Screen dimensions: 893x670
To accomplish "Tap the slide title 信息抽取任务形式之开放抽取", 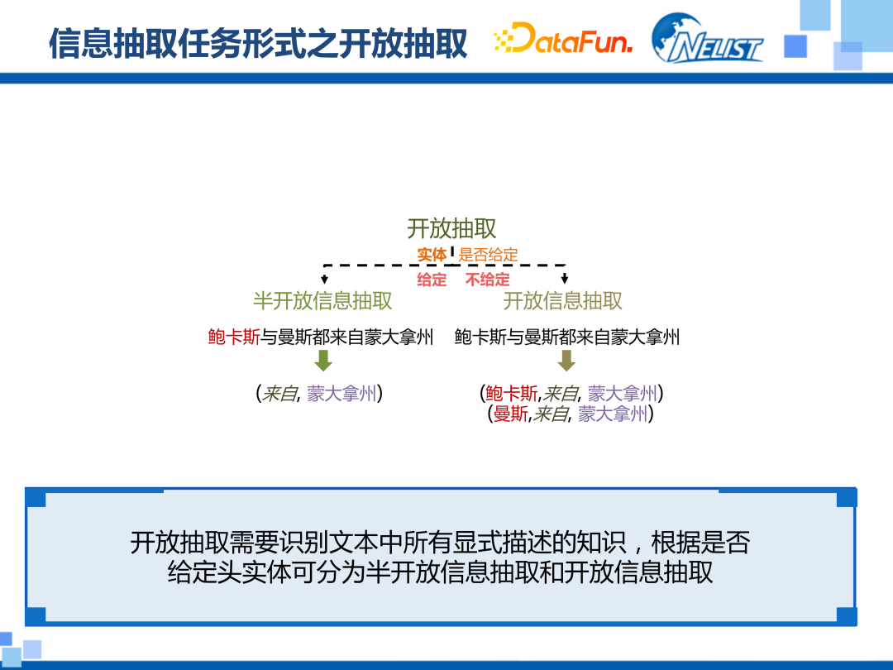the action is click(258, 43).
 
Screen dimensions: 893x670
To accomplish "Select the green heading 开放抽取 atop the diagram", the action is click(451, 229).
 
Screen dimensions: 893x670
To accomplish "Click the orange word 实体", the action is click(432, 255).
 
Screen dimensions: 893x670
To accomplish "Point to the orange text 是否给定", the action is click(489, 255).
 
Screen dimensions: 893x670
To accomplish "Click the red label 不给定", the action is click(487, 280).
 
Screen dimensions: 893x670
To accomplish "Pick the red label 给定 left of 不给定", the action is click(432, 280).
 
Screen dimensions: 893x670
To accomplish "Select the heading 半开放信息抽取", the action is click(322, 300).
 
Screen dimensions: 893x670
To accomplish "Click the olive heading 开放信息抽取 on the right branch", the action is click(563, 300).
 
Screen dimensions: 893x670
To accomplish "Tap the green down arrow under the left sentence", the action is click(323, 361).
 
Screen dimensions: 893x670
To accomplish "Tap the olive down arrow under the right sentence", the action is click(566, 361).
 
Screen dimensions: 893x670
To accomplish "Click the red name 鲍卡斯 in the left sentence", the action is click(235, 337).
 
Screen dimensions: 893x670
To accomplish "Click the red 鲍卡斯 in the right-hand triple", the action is click(512, 394).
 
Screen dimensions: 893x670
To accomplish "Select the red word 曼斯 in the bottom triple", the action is click(510, 414).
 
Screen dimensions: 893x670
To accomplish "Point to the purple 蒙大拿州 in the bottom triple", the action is click(613, 414).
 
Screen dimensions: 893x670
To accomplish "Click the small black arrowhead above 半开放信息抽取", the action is click(324, 279).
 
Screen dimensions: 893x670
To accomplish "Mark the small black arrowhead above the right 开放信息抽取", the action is click(565, 279).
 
